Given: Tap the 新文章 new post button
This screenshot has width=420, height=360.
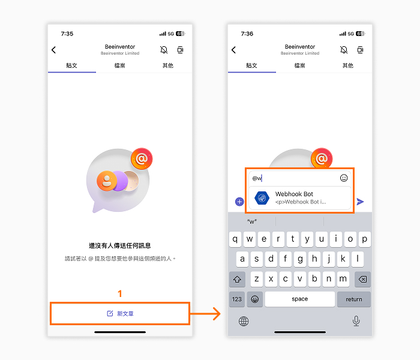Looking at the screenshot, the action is [120, 313].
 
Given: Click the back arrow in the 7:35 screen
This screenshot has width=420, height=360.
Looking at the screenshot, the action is [53, 50].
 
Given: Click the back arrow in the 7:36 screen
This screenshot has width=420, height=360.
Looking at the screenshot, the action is [233, 50].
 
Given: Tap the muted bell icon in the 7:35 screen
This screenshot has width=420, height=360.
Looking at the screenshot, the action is [164, 50].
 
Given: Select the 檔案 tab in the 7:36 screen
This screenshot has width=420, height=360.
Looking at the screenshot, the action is [300, 65].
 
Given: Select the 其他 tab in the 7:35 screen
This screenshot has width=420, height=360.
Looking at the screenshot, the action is [168, 65].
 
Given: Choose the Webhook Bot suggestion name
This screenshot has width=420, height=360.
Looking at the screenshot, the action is [294, 194].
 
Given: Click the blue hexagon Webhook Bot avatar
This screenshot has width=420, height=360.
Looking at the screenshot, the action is [262, 198].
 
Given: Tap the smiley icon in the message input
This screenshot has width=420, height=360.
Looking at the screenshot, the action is [344, 178].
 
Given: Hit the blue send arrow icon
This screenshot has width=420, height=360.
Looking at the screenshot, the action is [360, 202].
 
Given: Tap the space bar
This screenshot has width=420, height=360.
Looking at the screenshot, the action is [300, 299].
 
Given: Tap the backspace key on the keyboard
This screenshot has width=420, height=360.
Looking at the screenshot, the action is [362, 279].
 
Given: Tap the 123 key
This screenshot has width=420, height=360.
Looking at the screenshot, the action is [237, 299].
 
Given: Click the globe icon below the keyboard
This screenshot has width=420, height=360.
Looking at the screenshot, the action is [244, 321].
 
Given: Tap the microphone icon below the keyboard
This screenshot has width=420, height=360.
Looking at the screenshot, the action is [356, 320].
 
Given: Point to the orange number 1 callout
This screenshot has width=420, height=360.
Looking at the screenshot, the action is [120, 293].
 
